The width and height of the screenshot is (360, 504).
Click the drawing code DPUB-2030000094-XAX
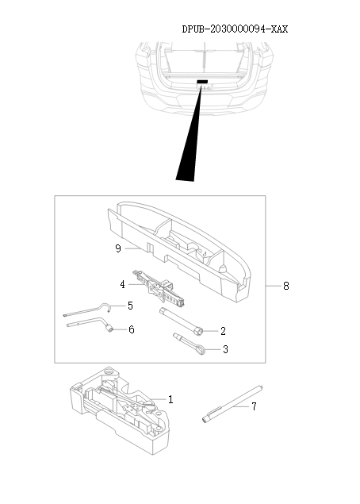coord(235,29)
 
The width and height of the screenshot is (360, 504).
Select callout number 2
coord(224,331)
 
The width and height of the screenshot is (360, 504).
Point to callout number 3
coord(224,348)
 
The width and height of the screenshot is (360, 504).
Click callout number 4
coord(122,283)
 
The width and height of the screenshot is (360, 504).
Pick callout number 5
coord(131,305)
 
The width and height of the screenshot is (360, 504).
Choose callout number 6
coord(131,329)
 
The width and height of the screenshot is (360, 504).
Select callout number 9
coord(117,248)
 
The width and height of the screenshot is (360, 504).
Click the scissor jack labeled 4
coord(162,290)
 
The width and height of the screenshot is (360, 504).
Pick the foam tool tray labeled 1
coord(119,409)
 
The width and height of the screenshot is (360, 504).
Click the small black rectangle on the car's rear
coord(202,82)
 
